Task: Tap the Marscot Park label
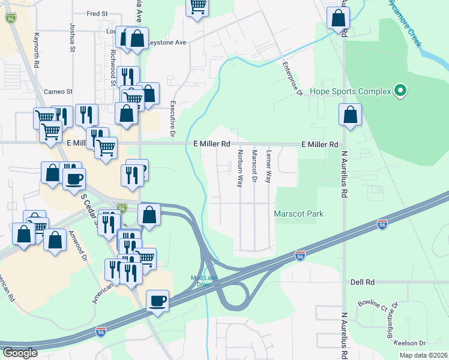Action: tap(298, 214)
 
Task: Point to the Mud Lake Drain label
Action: tap(204, 281)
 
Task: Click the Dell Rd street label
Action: tap(362, 281)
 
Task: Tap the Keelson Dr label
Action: tap(411, 343)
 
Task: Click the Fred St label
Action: tap(97, 13)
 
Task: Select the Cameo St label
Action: tap(58, 92)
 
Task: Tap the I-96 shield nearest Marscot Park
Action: tap(382, 224)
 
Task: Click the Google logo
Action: tap(20, 353)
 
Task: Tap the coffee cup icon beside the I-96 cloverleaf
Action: tap(158, 300)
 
